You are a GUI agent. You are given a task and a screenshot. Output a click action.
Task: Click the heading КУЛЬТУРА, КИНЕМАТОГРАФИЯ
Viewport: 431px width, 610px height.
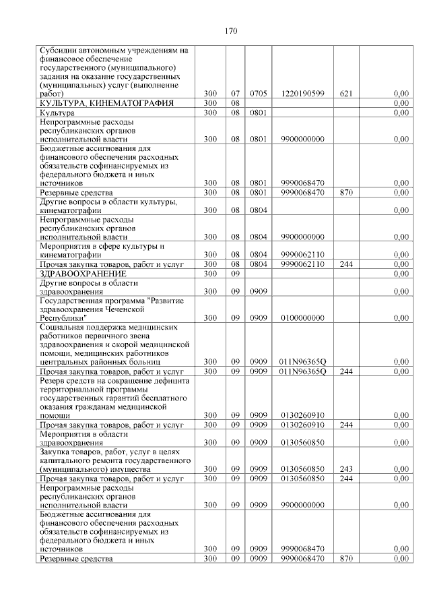[x=107, y=102]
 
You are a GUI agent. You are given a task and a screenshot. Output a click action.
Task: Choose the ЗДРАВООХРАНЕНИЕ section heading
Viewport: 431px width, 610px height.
[x=83, y=274]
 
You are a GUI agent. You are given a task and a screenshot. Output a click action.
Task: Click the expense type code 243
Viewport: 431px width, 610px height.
[x=347, y=468]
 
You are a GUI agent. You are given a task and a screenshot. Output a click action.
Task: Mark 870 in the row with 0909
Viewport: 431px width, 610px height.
[x=347, y=559]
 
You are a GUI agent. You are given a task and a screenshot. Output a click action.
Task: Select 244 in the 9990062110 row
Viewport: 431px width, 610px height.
[x=347, y=264]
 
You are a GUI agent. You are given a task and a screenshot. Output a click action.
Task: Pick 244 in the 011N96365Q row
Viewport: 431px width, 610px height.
[x=347, y=371]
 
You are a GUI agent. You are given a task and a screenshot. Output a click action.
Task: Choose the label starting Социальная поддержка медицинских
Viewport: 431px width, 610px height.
[x=108, y=327]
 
